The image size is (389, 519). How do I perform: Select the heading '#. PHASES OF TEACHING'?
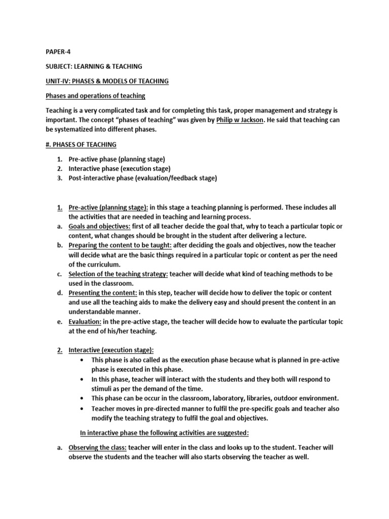tap(81, 144)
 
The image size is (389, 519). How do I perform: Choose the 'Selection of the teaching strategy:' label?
tap(118, 274)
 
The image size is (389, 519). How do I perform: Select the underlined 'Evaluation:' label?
tap(85, 322)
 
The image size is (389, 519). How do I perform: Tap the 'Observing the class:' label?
tap(98, 448)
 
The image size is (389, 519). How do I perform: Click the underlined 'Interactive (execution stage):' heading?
tap(111, 350)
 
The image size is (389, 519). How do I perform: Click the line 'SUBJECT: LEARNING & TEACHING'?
tap(94, 66)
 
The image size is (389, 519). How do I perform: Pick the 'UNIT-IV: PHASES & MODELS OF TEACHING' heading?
tap(107, 81)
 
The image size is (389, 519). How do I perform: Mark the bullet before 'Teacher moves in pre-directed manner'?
tap(83, 409)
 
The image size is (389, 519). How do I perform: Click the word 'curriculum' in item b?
tap(101, 265)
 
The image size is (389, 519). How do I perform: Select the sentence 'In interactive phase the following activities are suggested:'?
tap(164, 433)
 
